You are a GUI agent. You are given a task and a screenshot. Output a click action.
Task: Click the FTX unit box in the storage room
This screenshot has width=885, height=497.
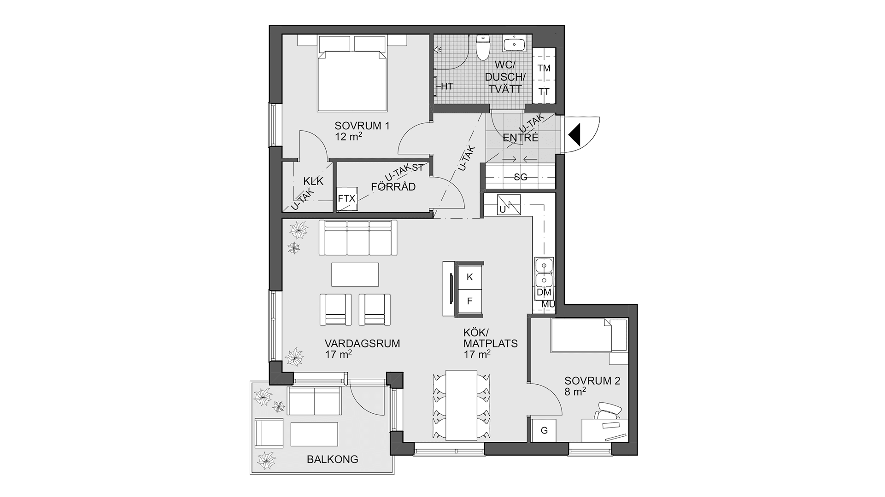pos(347,199)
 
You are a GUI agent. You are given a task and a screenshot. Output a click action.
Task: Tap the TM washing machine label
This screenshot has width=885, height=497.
pos(544,68)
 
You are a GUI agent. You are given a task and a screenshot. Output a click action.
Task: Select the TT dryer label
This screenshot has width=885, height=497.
pos(544,92)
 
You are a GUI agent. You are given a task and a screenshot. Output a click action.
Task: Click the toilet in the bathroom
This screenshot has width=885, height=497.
pos(483,47)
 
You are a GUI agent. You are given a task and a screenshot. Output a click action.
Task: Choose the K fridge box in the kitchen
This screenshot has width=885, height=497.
pos(470,277)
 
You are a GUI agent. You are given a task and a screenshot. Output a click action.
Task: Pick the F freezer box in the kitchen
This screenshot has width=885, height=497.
pos(470,301)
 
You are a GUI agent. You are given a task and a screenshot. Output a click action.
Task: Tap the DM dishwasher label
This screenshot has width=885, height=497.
pos(544,292)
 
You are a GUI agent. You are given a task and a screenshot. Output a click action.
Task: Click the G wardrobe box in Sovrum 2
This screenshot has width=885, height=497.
pos(544,431)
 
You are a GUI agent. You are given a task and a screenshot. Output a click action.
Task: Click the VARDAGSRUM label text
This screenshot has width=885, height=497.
pos(362,343)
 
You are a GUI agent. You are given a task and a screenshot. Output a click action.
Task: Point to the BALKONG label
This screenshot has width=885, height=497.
pos(332,459)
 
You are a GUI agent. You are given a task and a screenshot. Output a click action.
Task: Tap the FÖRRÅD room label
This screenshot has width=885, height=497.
pos(393,187)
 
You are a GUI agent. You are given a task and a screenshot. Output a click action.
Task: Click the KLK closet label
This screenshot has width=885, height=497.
pos(313,181)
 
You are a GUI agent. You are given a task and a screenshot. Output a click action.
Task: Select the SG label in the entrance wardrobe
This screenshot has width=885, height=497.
pos(521,177)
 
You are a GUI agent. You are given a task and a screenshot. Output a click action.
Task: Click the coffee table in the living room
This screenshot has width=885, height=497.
pos(355,274)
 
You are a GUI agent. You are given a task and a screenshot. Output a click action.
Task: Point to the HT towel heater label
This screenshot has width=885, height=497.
pos(447,86)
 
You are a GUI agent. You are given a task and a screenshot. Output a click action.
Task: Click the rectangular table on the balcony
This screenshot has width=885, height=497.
pos(314,434)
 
